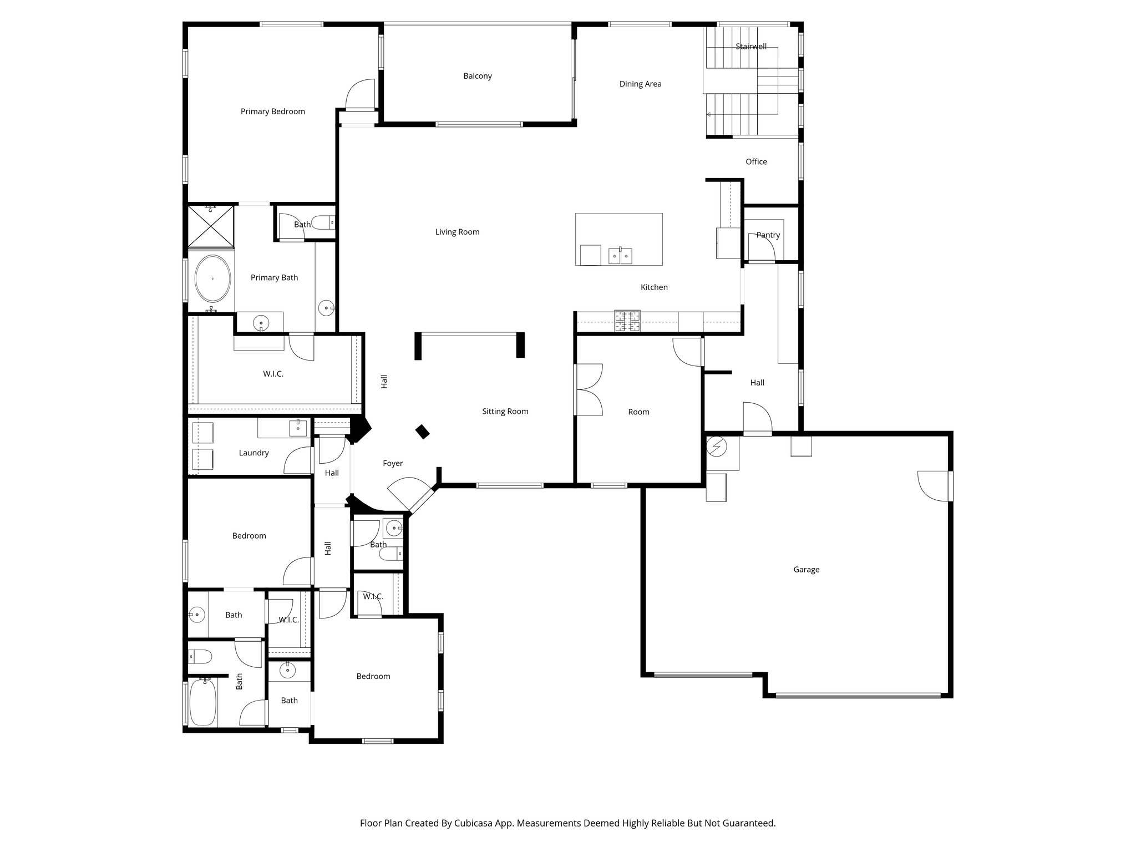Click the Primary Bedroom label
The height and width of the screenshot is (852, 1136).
(272, 111)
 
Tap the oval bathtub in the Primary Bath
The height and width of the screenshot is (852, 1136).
(212, 278)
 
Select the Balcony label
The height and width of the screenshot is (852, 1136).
(477, 76)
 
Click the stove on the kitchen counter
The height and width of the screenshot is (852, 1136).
(627, 321)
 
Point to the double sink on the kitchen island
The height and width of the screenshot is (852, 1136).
(620, 256)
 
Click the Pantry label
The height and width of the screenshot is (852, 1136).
(768, 235)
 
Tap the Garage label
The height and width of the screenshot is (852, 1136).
(806, 570)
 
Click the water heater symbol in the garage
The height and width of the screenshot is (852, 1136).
(716, 446)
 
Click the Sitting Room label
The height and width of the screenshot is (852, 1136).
(505, 412)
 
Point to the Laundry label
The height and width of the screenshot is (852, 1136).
(253, 453)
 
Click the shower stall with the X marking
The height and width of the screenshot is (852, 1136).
(211, 226)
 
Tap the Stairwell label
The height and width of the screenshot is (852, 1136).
(750, 47)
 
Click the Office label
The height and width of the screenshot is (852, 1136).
(756, 162)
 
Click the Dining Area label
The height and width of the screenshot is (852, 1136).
(640, 84)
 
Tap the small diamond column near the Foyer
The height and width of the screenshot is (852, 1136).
(423, 432)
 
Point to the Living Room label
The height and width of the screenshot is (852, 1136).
(457, 232)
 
